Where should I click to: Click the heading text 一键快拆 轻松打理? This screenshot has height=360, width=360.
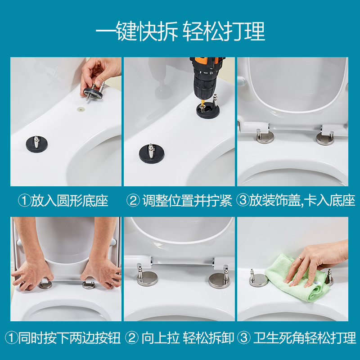[180, 31]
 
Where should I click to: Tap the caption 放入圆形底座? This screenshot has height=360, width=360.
[69, 201]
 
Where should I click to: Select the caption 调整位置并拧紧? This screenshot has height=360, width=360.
[187, 201]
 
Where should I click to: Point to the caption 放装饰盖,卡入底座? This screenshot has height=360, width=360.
[302, 200]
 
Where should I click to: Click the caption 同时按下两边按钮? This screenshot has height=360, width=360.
[69, 338]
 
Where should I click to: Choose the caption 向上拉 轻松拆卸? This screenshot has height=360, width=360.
[188, 338]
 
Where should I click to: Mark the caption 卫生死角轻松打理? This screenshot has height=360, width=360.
[305, 338]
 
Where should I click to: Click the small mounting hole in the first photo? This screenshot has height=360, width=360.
[81, 108]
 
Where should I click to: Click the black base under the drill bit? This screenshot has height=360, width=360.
[208, 110]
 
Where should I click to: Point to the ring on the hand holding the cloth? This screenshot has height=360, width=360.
[300, 258]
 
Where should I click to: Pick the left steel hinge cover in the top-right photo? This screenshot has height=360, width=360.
[265, 137]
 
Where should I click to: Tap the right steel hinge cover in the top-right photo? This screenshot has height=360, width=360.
[325, 138]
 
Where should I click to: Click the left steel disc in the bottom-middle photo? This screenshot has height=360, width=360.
[148, 278]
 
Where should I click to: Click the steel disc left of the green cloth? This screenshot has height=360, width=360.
[258, 280]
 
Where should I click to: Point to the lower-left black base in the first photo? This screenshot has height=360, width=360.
[37, 144]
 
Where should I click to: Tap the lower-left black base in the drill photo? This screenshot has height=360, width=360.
[152, 153]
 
